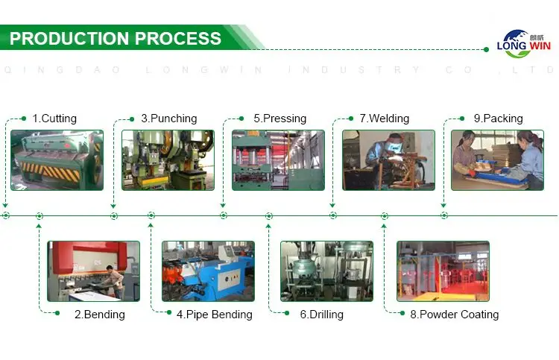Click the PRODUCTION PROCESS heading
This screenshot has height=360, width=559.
[116, 39]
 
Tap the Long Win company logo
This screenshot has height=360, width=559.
[523, 44]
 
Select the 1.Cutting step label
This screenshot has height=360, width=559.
[54, 119]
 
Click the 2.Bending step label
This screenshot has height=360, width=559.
[99, 315]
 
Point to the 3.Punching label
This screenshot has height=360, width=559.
[168, 119]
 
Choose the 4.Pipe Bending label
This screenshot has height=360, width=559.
[214, 315]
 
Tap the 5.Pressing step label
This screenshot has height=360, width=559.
[279, 119]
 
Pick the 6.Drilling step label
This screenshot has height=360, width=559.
[321, 315]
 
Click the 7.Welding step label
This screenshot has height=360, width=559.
[384, 119]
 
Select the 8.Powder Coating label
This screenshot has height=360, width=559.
[454, 315]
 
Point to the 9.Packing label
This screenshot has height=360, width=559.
[498, 119]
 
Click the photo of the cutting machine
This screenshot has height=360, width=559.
[57, 160]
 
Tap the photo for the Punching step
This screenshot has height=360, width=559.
[168, 160]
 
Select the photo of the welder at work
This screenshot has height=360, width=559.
[388, 160]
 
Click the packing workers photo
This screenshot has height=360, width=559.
[497, 160]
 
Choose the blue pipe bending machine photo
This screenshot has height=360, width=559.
[208, 271]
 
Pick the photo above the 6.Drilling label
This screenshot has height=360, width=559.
[326, 271]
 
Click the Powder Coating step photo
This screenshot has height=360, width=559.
[443, 271]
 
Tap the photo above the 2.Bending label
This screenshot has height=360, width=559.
[93, 271]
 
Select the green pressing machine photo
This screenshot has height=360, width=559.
[278, 160]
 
